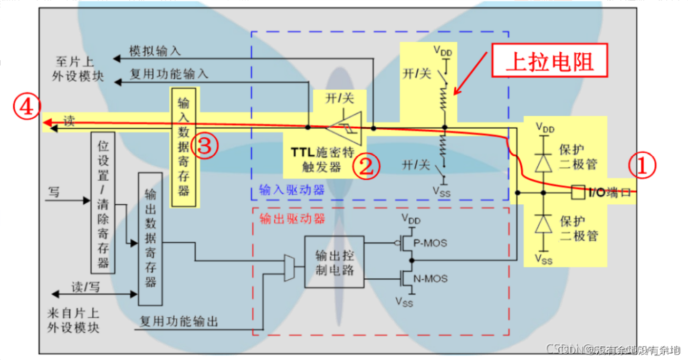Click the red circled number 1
coord(642,166)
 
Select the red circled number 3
coord(204,147)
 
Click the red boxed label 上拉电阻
coord(549,62)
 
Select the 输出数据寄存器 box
coord(150,238)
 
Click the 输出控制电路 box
coord(334,262)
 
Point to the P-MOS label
coord(431,243)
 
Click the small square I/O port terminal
coord(577,192)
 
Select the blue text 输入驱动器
coord(291,190)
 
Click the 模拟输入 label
coord(155,51)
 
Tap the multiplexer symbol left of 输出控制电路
coord(290,268)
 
